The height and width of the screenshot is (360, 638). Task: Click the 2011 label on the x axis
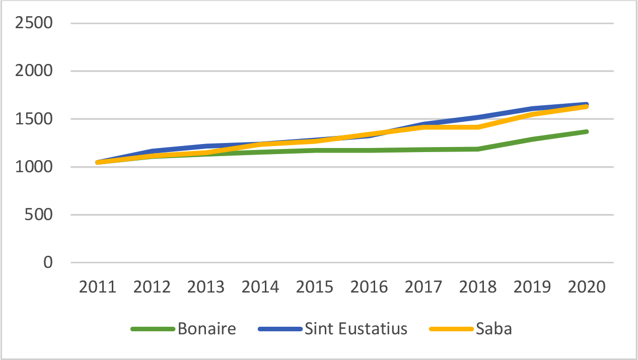click(98, 287)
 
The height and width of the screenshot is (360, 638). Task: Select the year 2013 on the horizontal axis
click(206, 287)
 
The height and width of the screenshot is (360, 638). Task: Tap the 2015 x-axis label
click(315, 287)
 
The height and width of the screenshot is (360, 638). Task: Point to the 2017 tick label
click(423, 287)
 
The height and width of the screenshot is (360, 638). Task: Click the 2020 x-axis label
click(586, 287)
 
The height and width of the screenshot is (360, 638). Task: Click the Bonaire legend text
click(206, 329)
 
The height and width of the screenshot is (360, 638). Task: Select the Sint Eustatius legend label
click(356, 329)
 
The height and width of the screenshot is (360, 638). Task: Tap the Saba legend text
click(493, 329)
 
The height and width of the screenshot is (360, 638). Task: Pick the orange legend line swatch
click(451, 329)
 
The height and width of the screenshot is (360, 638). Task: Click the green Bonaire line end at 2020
click(586, 132)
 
